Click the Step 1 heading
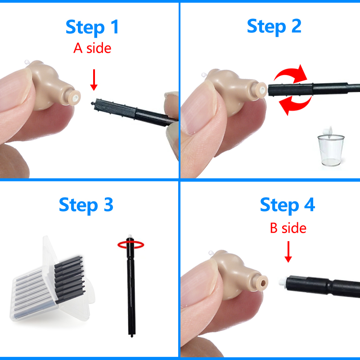[92, 27]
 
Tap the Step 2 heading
[274, 27]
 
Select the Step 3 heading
[86, 205]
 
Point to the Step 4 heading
[288, 205]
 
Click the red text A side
[92, 48]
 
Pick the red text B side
[288, 228]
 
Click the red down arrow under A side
[94, 80]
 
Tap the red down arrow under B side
[288, 252]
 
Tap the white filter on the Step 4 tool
[283, 282]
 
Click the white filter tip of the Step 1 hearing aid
[75, 98]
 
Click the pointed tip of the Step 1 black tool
[92, 103]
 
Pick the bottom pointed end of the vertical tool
[132, 336]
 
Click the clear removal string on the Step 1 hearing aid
[27, 62]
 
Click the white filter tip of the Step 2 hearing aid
[261, 90]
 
